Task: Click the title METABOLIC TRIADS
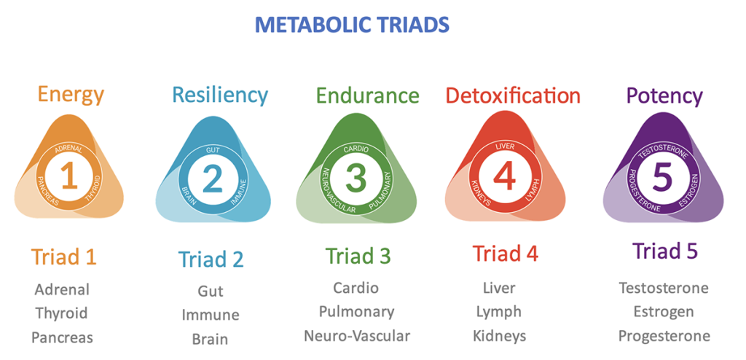tap(352, 26)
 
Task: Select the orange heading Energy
tap(71, 95)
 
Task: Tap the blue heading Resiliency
tap(220, 95)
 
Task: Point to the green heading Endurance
tap(367, 95)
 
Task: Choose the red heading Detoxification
tap(513, 95)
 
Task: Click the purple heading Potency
tap(664, 96)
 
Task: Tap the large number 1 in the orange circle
tap(69, 176)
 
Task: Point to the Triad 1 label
tap(64, 257)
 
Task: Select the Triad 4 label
tap(506, 253)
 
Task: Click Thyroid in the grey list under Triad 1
tap(62, 314)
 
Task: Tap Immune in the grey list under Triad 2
tap(211, 315)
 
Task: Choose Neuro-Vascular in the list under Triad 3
tap(357, 336)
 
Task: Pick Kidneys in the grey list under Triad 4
tap(500, 336)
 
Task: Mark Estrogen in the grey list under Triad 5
tap(663, 313)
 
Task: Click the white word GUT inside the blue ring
tap(212, 150)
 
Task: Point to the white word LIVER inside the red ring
tap(505, 146)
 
